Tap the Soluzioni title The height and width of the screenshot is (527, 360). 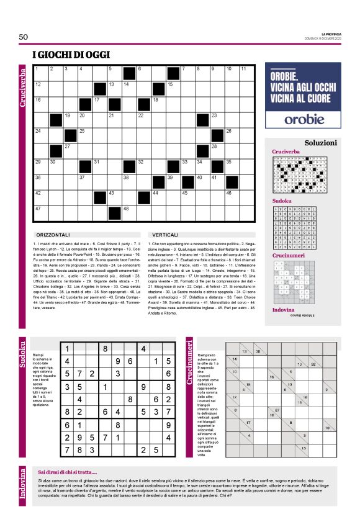[320, 143]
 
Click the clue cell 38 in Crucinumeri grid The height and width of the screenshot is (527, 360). [258, 351]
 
